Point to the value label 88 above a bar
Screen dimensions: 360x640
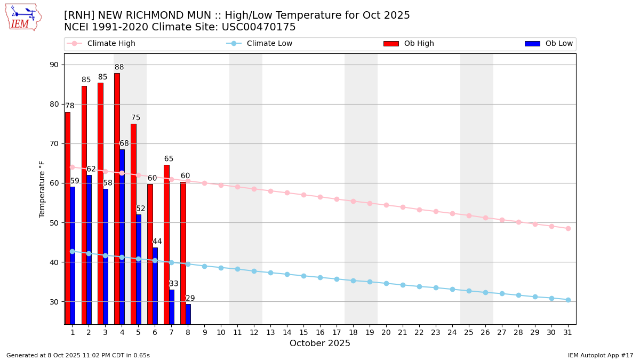pos(119,67)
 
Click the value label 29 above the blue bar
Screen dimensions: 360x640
pos(190,299)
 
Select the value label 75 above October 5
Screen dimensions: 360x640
pos(136,118)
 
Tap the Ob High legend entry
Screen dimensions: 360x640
pos(409,44)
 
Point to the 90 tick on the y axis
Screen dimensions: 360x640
pos(54,65)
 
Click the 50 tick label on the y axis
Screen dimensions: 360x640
pos(54,222)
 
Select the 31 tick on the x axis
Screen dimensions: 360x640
pos(568,332)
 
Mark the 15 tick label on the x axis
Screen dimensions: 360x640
pos(303,332)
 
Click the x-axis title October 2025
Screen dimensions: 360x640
pos(320,343)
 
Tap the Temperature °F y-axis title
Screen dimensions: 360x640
pos(42,189)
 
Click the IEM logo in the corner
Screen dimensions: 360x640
pos(23,17)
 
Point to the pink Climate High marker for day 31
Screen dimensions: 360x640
pos(568,228)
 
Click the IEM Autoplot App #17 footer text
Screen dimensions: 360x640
pos(601,355)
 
